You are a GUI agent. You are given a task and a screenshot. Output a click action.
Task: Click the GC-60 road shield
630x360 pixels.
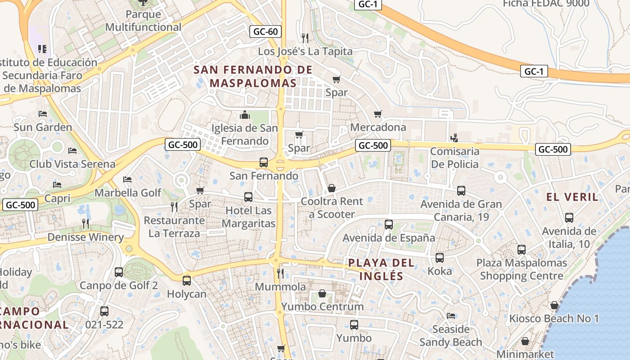(265, 31)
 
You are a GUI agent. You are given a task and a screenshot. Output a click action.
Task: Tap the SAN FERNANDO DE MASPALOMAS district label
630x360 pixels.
(253, 76)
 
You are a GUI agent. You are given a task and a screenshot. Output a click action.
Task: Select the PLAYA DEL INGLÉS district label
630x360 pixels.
(382, 269)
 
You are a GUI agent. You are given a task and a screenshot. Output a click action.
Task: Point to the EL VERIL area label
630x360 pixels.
(572, 197)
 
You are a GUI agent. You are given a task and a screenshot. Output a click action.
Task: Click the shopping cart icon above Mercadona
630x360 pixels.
(378, 114)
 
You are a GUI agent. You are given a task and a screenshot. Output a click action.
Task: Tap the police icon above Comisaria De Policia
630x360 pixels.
(454, 138)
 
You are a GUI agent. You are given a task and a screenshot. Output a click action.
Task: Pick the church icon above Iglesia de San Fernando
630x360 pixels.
(245, 115)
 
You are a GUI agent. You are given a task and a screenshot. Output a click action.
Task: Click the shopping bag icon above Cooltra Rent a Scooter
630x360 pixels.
(332, 188)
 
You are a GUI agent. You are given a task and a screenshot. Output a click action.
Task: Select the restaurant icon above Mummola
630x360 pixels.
(280, 273)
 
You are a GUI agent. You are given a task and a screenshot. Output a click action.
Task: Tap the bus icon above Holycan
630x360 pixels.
(187, 280)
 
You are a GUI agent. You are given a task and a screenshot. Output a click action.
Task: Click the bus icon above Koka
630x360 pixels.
(440, 258)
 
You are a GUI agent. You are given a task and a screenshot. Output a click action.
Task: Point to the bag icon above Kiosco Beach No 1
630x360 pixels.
(554, 305)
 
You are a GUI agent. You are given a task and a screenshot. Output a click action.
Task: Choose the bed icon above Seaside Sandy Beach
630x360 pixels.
(451, 315)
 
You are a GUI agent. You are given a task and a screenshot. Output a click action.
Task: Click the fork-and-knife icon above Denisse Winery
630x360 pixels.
(85, 223)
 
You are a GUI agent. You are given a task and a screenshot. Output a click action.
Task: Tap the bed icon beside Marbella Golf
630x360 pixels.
(127, 180)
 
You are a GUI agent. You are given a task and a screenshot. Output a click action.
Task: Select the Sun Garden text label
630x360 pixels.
(43, 127)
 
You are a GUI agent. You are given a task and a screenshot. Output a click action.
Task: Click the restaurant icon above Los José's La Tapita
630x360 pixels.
(305, 38)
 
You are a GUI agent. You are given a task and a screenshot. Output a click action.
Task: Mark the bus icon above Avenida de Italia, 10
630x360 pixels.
(569, 218)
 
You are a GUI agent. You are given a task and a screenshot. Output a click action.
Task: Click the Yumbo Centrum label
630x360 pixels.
(322, 307)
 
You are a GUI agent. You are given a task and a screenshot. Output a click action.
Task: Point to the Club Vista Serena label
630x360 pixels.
(72, 164)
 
